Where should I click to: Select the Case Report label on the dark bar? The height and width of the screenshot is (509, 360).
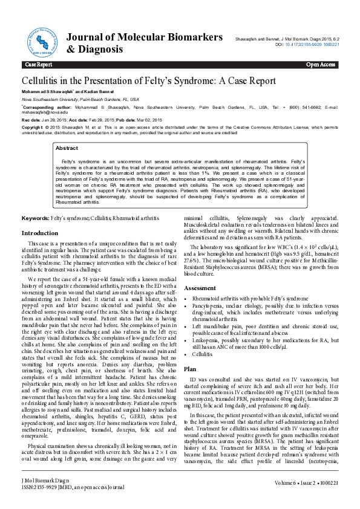coord(38,64)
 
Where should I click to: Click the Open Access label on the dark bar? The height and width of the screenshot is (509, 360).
coord(321,64)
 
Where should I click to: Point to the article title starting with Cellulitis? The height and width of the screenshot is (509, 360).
coord(149,80)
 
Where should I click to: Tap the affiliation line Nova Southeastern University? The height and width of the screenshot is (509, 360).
coord(80,99)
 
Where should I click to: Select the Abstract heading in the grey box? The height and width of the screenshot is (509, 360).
coord(67,148)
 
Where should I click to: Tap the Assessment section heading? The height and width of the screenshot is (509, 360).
coord(200,288)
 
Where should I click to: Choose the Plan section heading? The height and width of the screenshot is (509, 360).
coord(190,368)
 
